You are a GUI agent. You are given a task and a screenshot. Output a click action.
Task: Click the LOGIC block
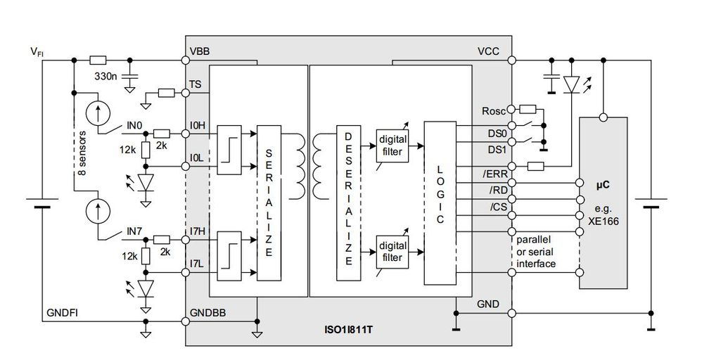[440, 202]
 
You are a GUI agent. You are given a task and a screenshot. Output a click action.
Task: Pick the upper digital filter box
[393, 145]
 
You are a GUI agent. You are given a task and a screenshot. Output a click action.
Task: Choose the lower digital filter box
[393, 252]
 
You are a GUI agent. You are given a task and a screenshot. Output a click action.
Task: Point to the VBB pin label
[199, 52]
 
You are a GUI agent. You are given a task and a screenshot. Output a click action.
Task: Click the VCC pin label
[490, 52]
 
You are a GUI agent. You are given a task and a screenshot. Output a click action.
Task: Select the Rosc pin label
[494, 110]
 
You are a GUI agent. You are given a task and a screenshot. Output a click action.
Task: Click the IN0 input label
[136, 125]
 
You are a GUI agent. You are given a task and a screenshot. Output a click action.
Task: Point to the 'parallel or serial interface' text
[537, 251]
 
